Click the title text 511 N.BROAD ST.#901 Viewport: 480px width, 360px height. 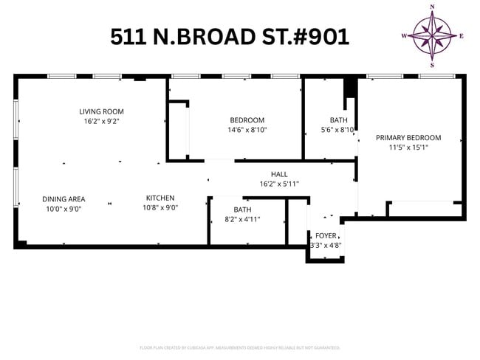pos(230,36)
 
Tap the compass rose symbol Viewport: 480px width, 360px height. pos(433,35)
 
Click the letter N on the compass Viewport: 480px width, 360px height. pos(433,7)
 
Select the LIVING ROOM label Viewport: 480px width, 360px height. pos(101,112)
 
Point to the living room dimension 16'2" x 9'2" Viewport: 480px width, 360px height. pos(101,121)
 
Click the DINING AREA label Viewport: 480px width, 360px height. pos(64,198)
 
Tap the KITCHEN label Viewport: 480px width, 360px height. pos(160,198)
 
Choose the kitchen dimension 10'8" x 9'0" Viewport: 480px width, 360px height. pos(160,207)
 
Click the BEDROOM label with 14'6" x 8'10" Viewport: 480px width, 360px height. pos(247,120)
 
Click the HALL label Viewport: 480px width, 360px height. pos(278,174)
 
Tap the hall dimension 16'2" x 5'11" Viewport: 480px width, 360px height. pos(278,184)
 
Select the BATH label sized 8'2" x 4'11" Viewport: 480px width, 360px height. pos(242,210)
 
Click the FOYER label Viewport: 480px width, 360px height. pos(326,235)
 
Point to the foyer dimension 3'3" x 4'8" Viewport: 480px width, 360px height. pos(326,245)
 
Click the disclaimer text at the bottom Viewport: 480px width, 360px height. pos(239,347)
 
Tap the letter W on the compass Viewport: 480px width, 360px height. pos(404,35)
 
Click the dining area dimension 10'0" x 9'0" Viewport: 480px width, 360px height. pos(64,208)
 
